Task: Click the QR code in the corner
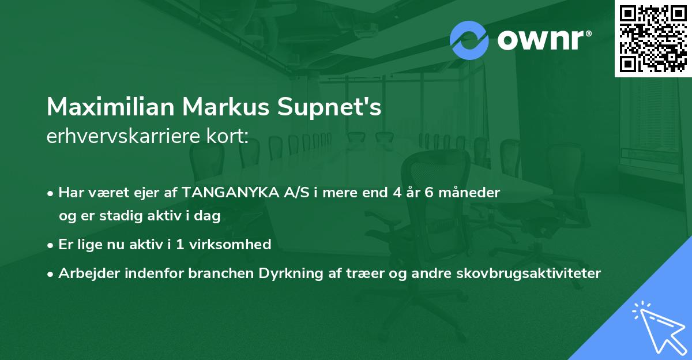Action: point(653,38)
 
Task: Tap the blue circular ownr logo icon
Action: point(469,40)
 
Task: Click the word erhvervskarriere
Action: point(119,137)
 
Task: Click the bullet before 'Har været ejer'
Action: point(51,193)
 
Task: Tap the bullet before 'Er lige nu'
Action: point(51,245)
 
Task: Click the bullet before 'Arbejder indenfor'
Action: point(51,274)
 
